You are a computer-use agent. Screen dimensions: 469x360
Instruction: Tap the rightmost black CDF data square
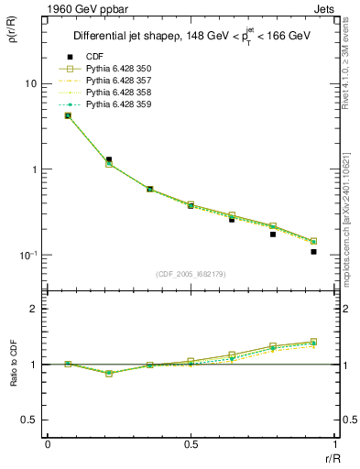[x=313, y=251]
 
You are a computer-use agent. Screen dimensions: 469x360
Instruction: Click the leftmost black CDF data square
[x=68, y=115]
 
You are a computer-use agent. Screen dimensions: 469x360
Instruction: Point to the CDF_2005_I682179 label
[x=191, y=274]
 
